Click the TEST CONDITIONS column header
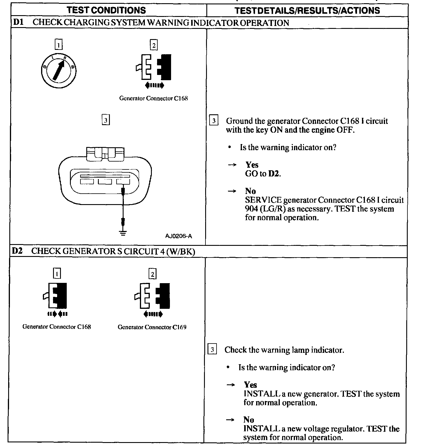[106, 10]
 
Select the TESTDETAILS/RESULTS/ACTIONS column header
[307, 10]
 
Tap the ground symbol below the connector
[123, 233]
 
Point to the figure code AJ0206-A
[178, 236]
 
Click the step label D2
[17, 251]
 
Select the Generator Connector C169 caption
[152, 327]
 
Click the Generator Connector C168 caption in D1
[153, 98]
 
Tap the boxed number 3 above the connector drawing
[106, 120]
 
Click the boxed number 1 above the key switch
[59, 45]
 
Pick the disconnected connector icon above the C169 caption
[152, 296]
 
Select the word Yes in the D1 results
[252, 165]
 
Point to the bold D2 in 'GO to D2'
[274, 174]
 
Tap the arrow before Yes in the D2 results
[230, 385]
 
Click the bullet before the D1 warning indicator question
[230, 148]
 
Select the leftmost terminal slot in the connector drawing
[87, 181]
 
